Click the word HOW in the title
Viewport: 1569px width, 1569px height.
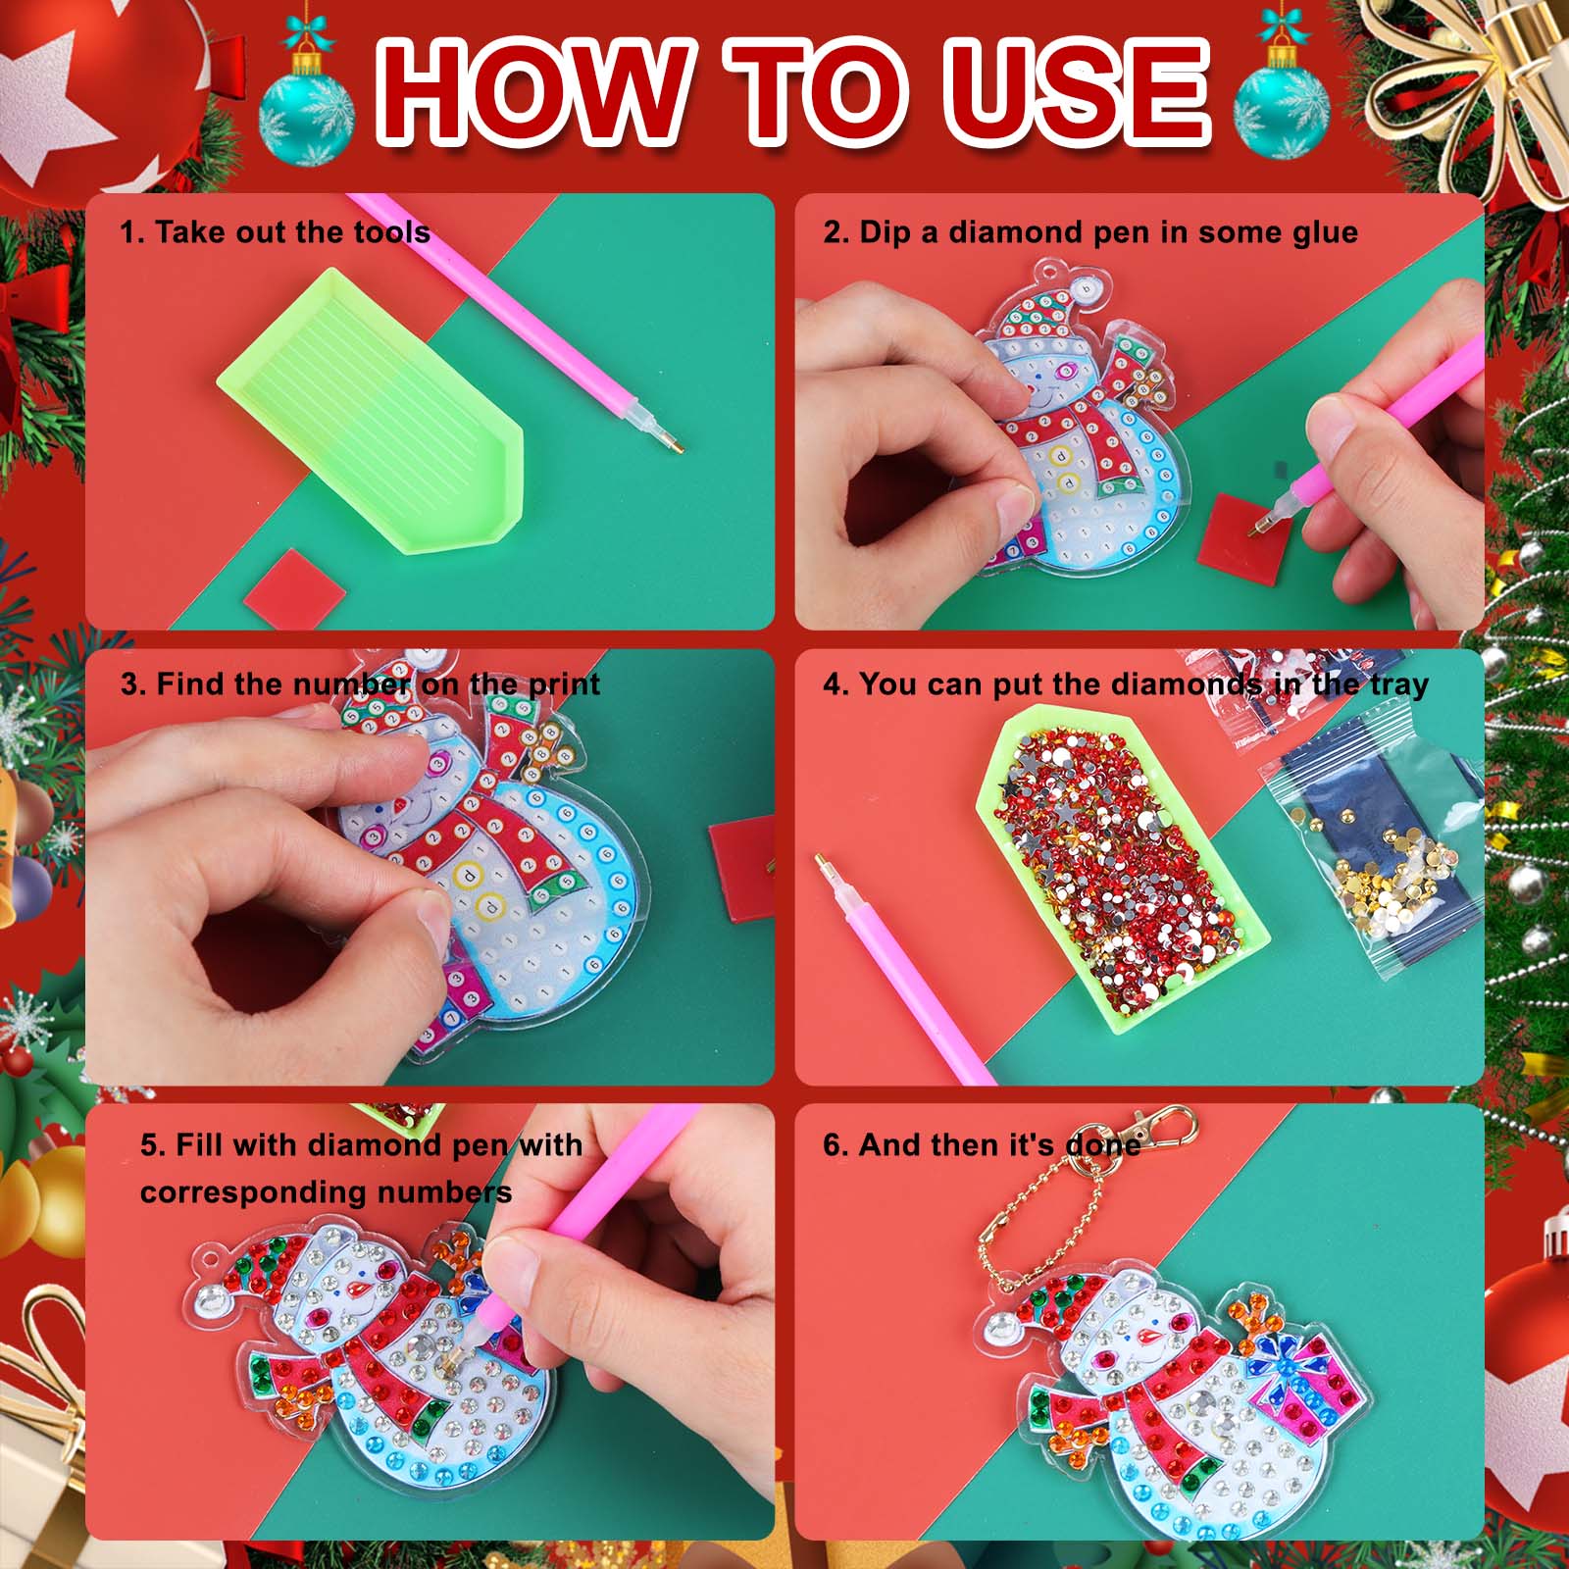[532, 93]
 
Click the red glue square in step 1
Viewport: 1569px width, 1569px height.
[294, 587]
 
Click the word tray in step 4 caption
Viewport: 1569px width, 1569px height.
[1399, 685]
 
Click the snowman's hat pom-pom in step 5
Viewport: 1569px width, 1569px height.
[209, 1300]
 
